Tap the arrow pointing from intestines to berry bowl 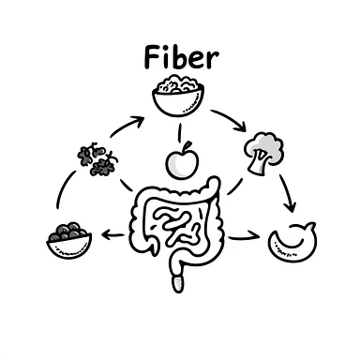112,237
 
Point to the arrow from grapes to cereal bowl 127,126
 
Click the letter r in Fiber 214,61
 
